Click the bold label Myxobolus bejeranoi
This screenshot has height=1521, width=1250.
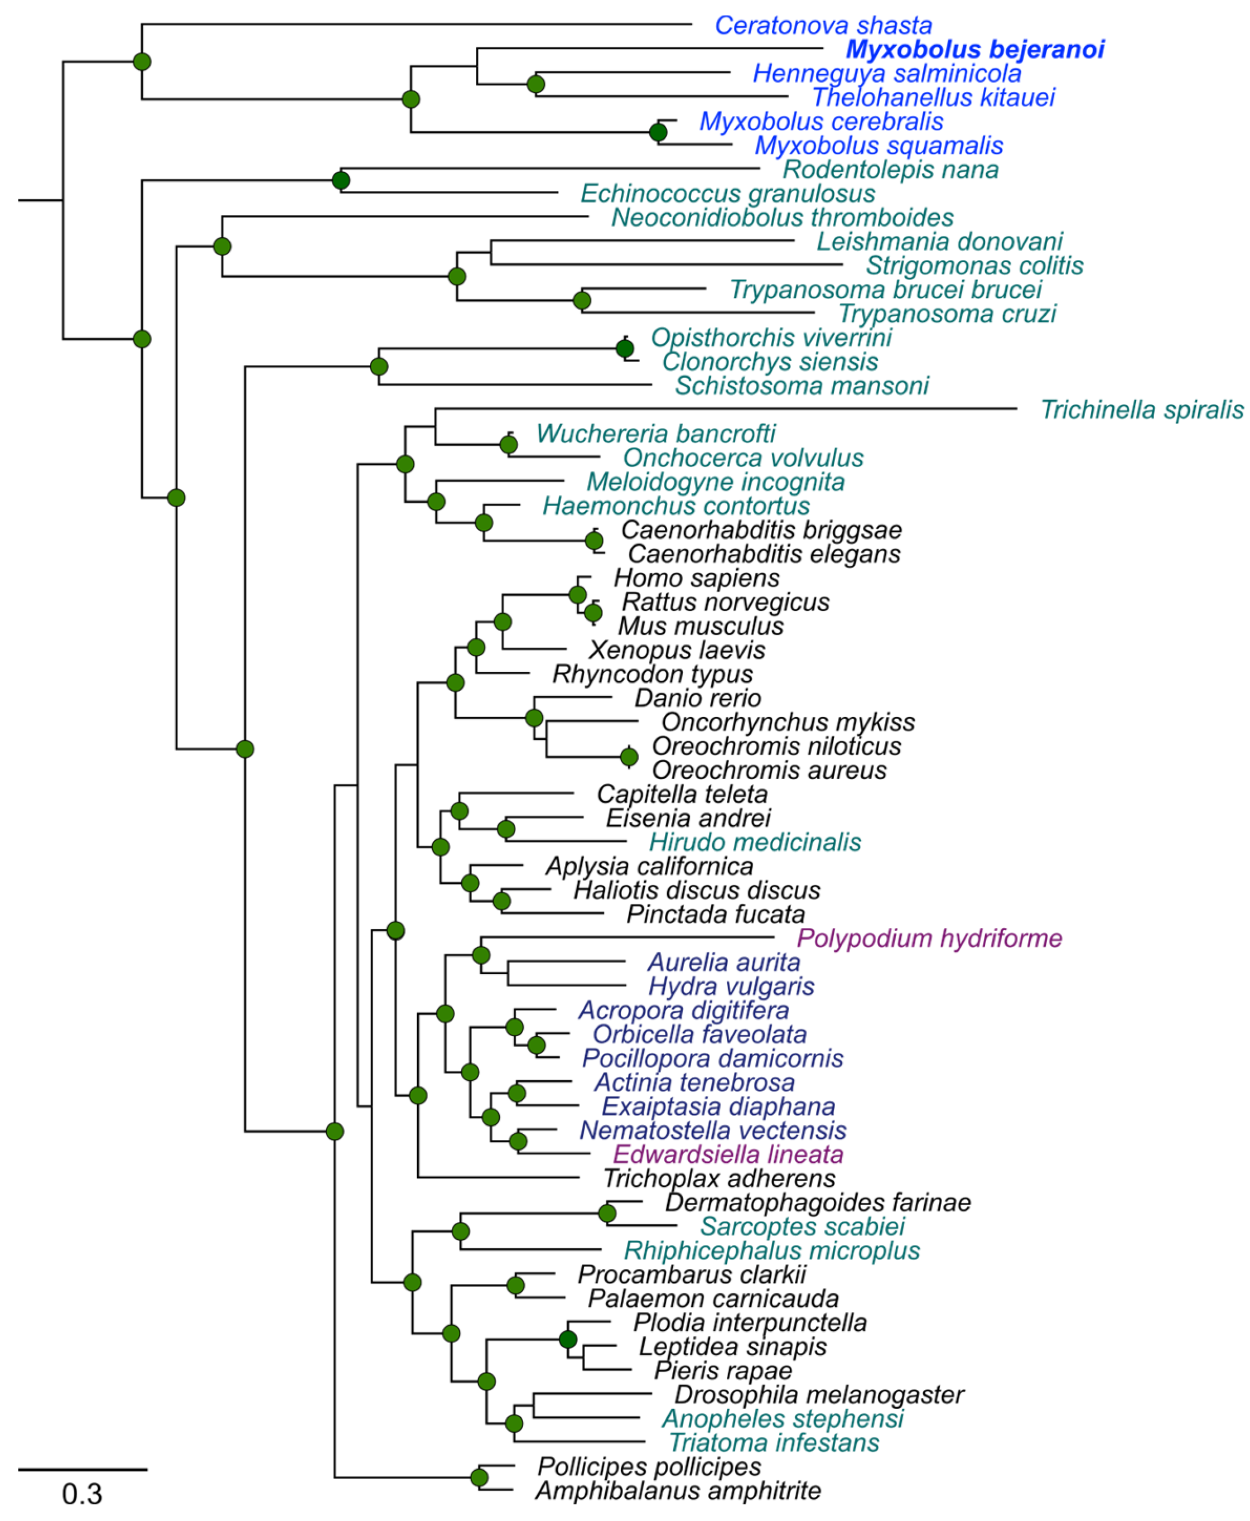click(974, 49)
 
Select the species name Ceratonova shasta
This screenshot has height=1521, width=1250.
click(823, 25)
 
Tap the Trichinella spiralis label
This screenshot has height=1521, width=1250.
click(1142, 410)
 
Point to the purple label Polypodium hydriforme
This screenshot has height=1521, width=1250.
click(929, 938)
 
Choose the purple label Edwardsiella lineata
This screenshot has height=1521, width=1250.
click(728, 1154)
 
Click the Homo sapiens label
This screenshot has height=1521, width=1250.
click(696, 577)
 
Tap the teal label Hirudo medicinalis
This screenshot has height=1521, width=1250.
click(755, 842)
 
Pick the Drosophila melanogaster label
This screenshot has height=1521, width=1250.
click(819, 1394)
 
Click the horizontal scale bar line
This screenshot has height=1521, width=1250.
click(82, 1469)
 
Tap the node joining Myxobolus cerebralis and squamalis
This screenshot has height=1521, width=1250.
click(658, 132)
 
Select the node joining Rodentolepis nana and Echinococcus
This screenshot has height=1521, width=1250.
click(341, 180)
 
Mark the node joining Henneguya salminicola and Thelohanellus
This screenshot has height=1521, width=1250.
click(535, 84)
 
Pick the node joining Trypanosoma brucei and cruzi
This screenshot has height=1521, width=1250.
click(582, 300)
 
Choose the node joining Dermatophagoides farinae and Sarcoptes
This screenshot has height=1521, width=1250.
click(607, 1214)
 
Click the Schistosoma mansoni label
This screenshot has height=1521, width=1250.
click(802, 386)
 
